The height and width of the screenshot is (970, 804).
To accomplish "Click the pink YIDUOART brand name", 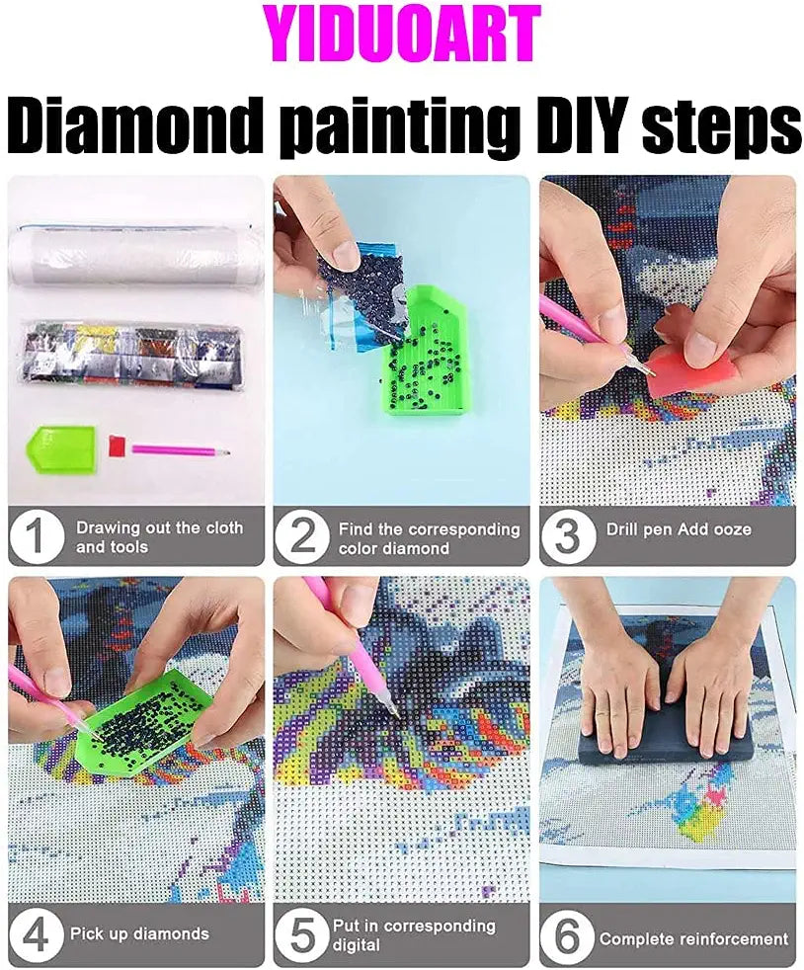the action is coord(402,34).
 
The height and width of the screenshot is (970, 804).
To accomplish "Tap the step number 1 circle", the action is coord(36,535).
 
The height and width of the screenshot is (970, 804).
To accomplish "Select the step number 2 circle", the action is coord(302,535).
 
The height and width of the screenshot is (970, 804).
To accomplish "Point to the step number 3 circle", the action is coord(568,535).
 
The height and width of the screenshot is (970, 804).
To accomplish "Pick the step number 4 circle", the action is coord(36,935).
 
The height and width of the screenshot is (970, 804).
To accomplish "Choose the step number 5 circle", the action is coord(302,935).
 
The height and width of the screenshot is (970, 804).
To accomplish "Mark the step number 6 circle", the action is coord(568,935).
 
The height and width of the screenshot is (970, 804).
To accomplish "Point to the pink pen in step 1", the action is coord(181,449).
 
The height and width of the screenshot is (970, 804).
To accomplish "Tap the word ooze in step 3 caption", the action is coord(731,529).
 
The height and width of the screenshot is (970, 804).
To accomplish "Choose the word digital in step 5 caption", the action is coord(357,945).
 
